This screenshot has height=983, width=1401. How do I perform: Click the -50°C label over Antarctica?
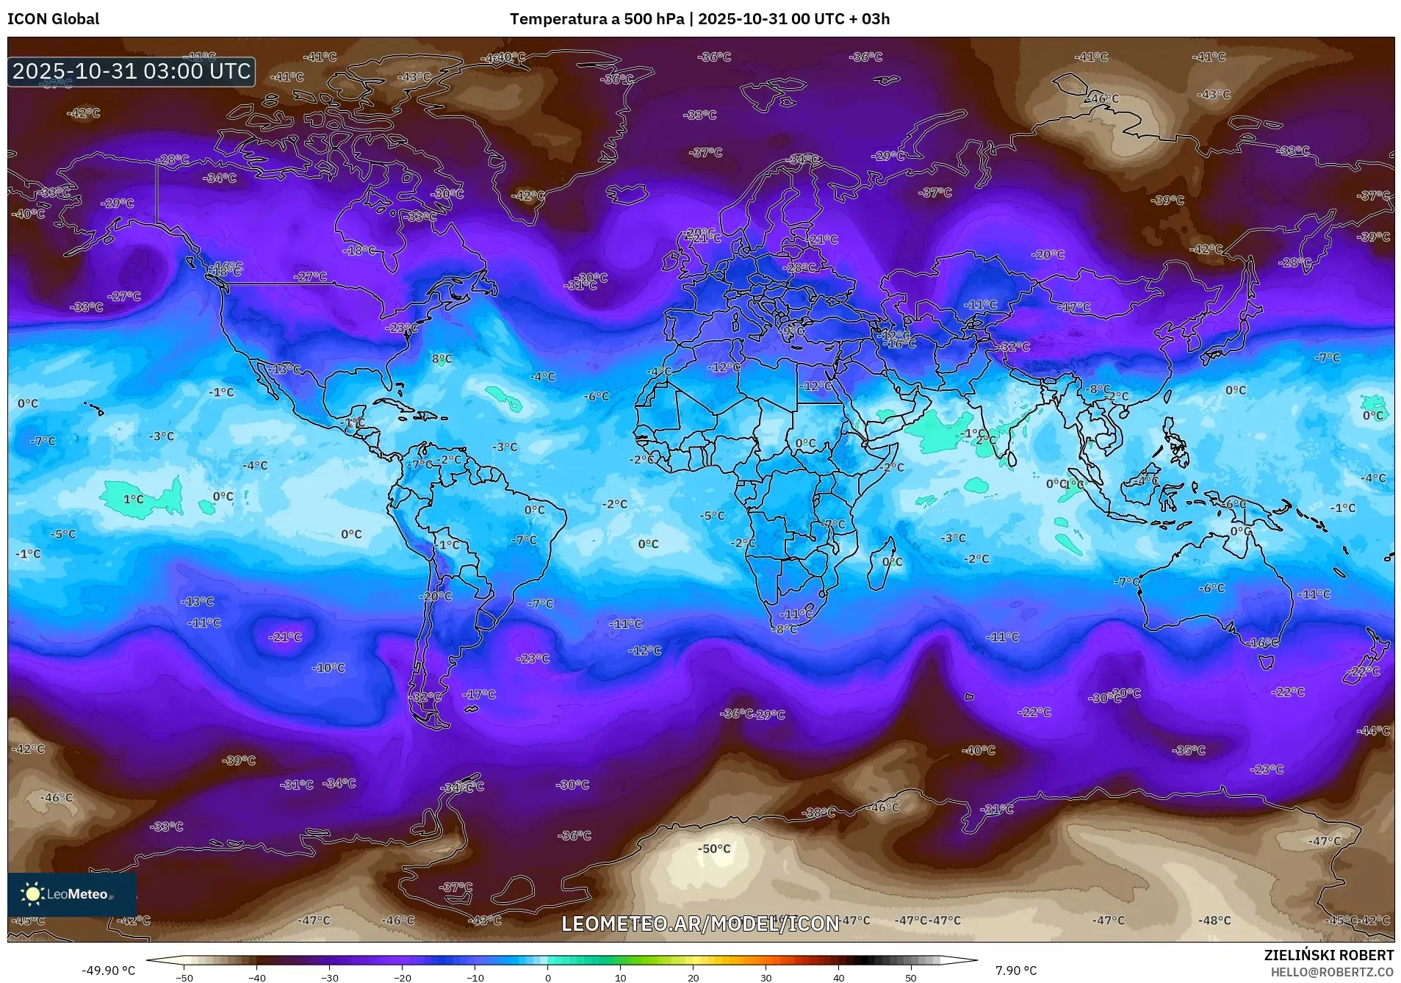coord(713,849)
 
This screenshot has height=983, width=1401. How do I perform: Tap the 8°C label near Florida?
coord(442,359)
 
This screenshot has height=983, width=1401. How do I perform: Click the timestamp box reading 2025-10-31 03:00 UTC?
coord(132,71)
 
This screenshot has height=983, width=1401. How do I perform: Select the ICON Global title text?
coord(53,19)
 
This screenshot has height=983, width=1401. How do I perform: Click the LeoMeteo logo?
coord(72,894)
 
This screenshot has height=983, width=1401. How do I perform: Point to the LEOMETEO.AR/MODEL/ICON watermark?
coord(699,923)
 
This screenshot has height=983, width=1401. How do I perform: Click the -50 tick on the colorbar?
coord(184,977)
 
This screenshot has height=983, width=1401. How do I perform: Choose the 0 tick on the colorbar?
coord(547,977)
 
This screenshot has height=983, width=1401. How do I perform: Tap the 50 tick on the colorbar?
coord(910,977)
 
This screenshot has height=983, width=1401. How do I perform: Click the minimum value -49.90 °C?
coord(108,971)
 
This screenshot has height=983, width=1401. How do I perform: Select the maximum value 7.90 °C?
coord(1015,971)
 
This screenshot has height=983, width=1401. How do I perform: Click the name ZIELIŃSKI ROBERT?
coord(1328,955)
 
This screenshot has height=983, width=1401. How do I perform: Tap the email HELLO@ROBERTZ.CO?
coord(1331,972)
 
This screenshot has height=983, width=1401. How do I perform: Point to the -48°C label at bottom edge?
coord(1214,920)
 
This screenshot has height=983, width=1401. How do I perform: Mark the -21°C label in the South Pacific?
coord(285,637)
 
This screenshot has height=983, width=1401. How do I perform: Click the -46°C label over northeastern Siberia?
coord(1101,98)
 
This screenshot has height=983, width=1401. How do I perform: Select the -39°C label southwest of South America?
coord(239,760)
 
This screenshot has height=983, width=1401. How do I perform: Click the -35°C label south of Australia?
coord(1189,750)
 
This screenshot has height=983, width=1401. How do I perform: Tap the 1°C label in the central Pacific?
coord(133,499)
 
